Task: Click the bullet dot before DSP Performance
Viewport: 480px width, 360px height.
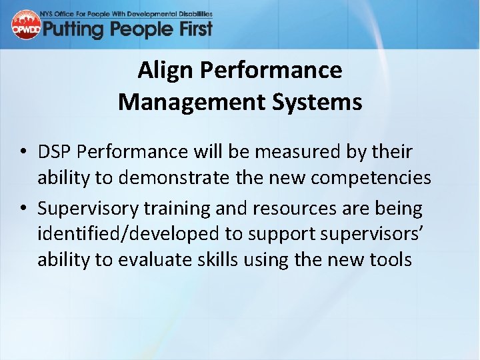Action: [23, 153]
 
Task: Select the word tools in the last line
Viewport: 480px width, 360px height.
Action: [388, 259]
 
